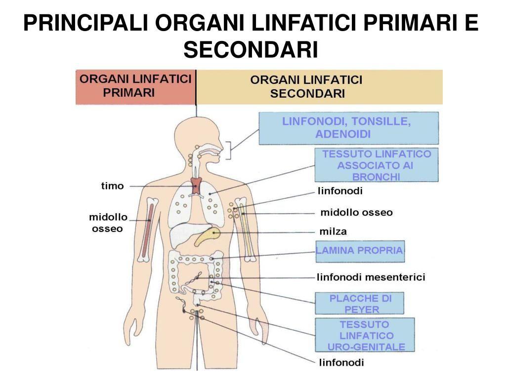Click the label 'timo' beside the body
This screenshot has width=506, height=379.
click(112, 186)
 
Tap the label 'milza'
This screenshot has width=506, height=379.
click(333, 231)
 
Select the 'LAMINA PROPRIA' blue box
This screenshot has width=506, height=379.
click(360, 251)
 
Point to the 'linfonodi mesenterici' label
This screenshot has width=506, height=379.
click(371, 277)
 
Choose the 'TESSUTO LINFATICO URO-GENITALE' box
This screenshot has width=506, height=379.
click(365, 336)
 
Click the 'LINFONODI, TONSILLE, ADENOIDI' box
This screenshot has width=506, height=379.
click(348, 128)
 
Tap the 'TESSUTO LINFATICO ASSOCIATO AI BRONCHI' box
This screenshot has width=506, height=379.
click(376, 165)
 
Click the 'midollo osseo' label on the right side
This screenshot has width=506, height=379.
click(356, 213)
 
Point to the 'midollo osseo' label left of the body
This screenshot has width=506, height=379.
click(108, 223)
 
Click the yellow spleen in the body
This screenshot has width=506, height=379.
click(207, 236)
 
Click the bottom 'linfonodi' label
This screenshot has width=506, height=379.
click(341, 363)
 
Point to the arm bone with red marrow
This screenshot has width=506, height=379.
click(147, 230)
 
